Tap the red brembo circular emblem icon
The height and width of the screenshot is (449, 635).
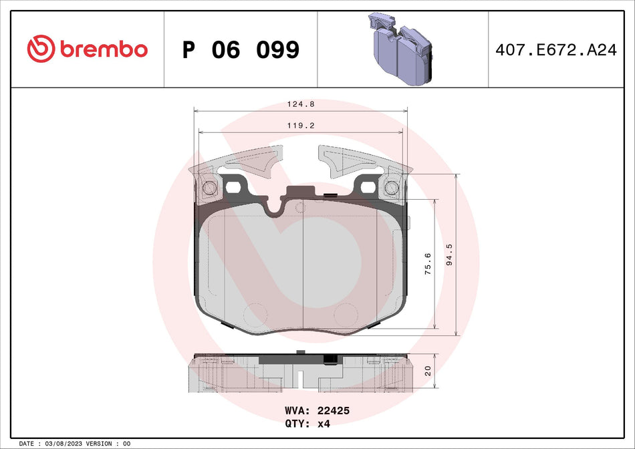pos(41,49)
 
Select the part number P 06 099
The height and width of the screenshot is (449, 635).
pos(241,49)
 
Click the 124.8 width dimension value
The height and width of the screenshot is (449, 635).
pos(301,104)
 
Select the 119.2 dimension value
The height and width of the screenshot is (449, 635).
pos(301,125)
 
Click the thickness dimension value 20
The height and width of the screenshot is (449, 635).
pos(428,370)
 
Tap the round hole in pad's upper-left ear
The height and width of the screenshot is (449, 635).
pos(208,189)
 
